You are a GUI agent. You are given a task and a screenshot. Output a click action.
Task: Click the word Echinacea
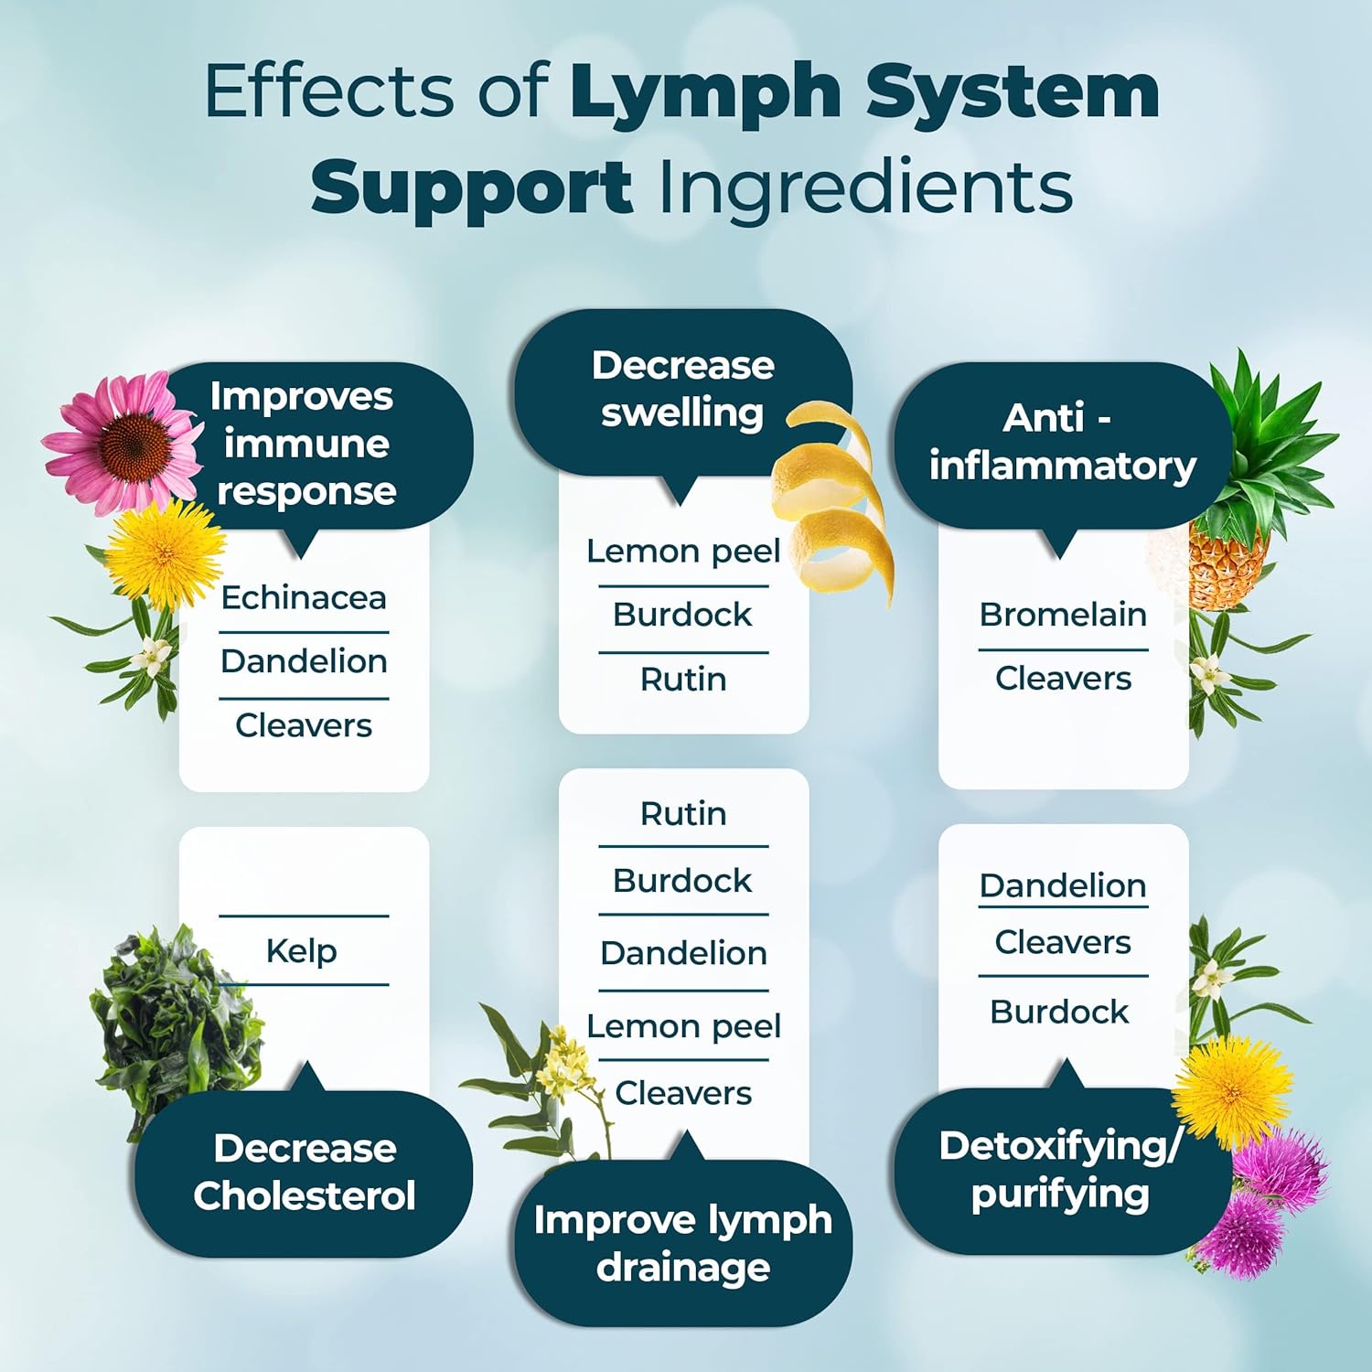(304, 598)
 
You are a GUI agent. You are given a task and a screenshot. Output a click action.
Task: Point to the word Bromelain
(1063, 615)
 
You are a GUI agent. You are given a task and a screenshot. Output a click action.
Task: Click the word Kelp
(301, 951)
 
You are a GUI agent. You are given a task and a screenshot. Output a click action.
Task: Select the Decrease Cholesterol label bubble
(304, 1173)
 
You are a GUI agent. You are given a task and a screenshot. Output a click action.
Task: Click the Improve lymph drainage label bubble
(683, 1244)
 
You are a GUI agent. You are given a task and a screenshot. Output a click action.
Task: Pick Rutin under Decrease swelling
(683, 680)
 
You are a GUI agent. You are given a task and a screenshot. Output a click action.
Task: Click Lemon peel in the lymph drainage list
(683, 1026)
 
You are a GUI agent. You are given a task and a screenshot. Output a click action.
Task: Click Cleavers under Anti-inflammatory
(1063, 679)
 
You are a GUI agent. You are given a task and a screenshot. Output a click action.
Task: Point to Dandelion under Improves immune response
(304, 661)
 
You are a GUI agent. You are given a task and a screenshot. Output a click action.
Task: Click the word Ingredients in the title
(864, 188)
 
